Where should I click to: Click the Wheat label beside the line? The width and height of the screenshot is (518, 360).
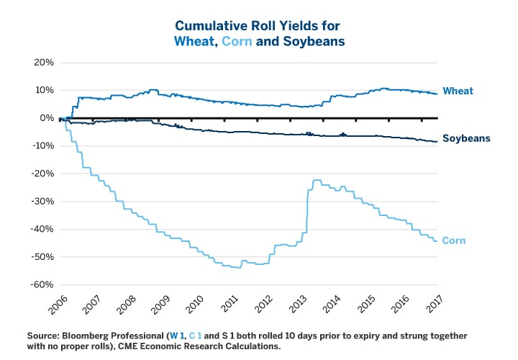pyautogui.click(x=458, y=91)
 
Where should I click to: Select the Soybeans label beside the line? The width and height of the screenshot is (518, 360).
pyautogui.click(x=466, y=138)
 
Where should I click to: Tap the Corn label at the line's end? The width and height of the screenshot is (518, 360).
pyautogui.click(x=453, y=240)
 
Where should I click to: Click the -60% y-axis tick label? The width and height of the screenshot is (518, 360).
pyautogui.click(x=42, y=284)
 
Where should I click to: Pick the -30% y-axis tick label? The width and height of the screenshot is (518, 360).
pyautogui.click(x=42, y=201)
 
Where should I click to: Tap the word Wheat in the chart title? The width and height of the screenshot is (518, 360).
pyautogui.click(x=194, y=41)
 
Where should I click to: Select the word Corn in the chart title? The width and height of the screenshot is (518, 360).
pyautogui.click(x=237, y=41)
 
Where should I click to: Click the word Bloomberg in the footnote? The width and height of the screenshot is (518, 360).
pyautogui.click(x=90, y=336)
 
